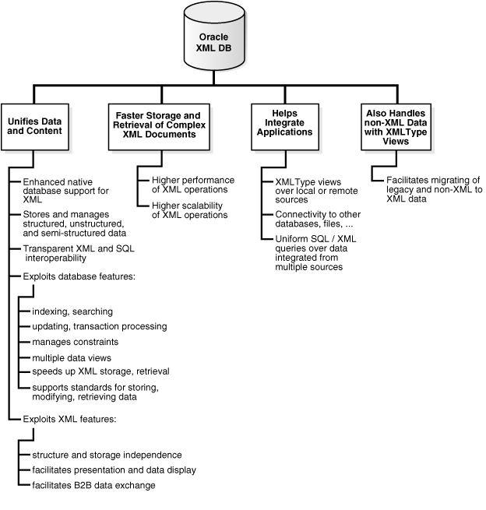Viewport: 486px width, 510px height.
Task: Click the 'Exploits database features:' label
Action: (70, 276)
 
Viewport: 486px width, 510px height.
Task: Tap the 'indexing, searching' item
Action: (72, 311)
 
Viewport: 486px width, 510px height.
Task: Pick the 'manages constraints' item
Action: (76, 342)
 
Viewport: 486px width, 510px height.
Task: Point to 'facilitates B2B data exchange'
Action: (93, 485)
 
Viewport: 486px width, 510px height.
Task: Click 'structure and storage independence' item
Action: (107, 455)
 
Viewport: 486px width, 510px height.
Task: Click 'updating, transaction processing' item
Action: (100, 326)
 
